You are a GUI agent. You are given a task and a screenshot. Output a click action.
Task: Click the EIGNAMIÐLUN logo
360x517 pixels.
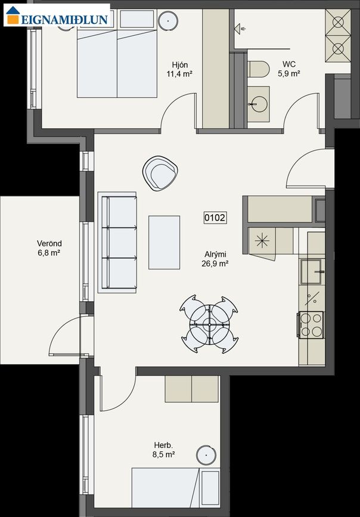[x=57, y=15]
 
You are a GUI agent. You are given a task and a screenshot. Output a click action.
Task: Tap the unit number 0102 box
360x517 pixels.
[x=215, y=218]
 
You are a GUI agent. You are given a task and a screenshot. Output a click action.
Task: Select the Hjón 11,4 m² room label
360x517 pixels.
[x=179, y=69]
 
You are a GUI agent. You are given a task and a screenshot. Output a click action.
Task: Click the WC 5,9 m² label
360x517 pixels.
[x=289, y=69]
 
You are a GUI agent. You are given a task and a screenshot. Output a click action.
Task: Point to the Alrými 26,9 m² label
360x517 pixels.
[x=215, y=259]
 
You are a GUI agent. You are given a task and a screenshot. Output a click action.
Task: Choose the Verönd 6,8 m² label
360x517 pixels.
[x=49, y=248]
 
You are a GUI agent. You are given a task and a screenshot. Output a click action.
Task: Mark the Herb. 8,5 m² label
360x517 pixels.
[x=163, y=450]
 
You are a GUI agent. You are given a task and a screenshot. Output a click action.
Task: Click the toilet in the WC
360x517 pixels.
[x=259, y=69]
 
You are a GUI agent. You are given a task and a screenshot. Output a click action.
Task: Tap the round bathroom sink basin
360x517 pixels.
[x=259, y=104]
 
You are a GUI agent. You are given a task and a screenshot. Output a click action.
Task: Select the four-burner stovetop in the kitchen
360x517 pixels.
[x=311, y=325]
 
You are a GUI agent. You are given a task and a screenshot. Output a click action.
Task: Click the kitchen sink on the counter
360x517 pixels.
[x=312, y=272]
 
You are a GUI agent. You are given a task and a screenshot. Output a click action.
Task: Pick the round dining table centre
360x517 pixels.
[x=209, y=324]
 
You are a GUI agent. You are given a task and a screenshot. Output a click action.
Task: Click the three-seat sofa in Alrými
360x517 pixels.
[x=117, y=242]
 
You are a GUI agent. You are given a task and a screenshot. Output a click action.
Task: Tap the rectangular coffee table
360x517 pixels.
[x=164, y=243]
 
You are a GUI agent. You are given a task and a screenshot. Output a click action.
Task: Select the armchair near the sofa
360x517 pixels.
[x=160, y=174]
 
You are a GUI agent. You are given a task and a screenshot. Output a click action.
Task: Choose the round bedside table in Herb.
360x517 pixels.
[x=206, y=456]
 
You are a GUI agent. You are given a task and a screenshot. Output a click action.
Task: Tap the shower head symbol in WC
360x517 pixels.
[x=240, y=29]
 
